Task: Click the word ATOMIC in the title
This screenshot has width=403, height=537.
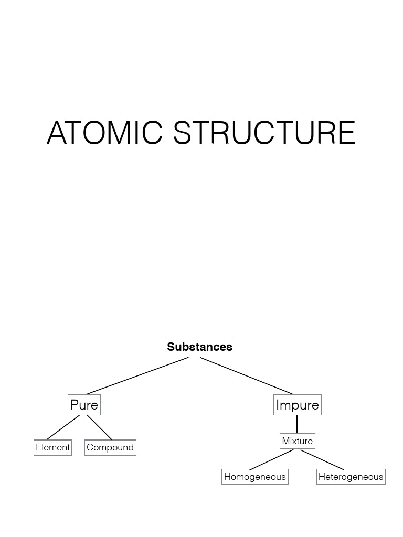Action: tap(105, 133)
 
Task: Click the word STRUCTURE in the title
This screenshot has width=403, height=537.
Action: tap(264, 133)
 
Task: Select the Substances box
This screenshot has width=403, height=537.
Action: tap(199, 347)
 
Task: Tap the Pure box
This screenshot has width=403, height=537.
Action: tap(84, 405)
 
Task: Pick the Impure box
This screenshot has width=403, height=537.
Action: tap(297, 405)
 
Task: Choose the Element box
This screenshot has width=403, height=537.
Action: tap(52, 447)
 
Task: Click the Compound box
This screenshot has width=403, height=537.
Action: tap(110, 447)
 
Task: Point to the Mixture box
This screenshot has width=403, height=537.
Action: tap(297, 441)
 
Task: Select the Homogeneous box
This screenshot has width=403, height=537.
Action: tap(255, 477)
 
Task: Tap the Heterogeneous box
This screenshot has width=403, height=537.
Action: tap(351, 477)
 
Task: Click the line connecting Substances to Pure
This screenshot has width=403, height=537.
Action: tap(137, 375)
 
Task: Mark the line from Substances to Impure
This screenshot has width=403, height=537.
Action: tap(247, 375)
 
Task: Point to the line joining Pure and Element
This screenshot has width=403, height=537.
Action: tap(63, 427)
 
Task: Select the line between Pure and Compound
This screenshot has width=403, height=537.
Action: tap(100, 427)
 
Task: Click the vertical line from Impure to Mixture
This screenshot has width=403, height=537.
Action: tap(297, 424)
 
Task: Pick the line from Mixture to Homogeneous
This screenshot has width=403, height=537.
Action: tap(271, 459)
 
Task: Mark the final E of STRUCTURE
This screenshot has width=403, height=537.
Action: tap(347, 133)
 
